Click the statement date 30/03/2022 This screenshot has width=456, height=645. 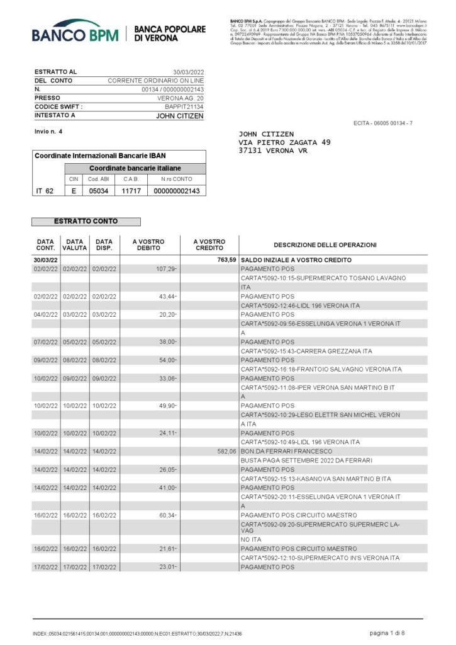(x=189, y=72)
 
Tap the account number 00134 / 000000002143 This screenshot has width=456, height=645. (x=173, y=89)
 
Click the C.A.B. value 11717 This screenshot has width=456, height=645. (x=130, y=191)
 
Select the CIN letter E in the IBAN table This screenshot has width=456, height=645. (x=74, y=191)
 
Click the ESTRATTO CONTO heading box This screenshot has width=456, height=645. (x=86, y=221)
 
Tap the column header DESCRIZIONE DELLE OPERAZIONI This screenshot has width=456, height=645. (x=325, y=245)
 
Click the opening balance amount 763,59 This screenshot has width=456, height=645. (x=225, y=260)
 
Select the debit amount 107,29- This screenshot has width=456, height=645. (x=167, y=269)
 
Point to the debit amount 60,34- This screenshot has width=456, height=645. (x=167, y=515)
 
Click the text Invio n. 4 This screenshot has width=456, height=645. (x=48, y=131)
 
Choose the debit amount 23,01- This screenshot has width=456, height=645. (x=167, y=567)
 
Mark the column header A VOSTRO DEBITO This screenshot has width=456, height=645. (x=148, y=245)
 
